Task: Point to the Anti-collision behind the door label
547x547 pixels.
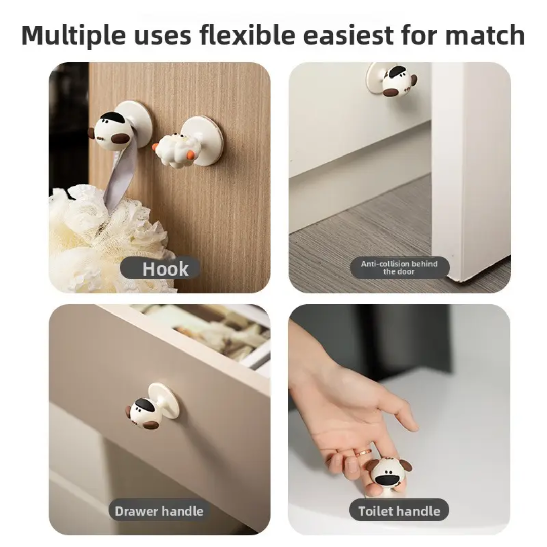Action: tap(399, 267)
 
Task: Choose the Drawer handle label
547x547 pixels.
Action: tap(159, 511)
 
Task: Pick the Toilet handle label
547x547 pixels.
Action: tap(399, 511)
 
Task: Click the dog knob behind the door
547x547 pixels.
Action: tap(398, 81)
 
